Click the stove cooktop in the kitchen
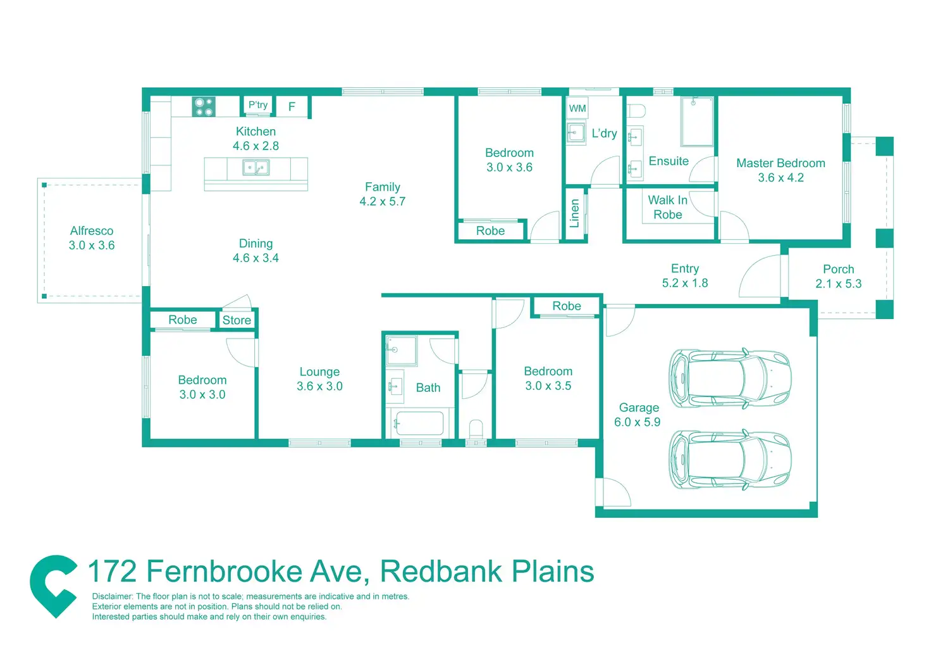204,106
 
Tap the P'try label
258,105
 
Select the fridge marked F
292,107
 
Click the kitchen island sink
256,168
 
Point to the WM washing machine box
577,108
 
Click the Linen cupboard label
574,213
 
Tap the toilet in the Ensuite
636,111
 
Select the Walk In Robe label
668,207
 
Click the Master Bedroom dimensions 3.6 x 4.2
780,178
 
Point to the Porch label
838,269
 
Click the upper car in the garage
730,379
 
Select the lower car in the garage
730,460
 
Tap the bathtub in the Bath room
418,423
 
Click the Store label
237,320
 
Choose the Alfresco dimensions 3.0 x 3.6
92,246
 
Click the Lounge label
319,372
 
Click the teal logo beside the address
54,586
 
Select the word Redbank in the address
440,572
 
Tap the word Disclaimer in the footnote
113,596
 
